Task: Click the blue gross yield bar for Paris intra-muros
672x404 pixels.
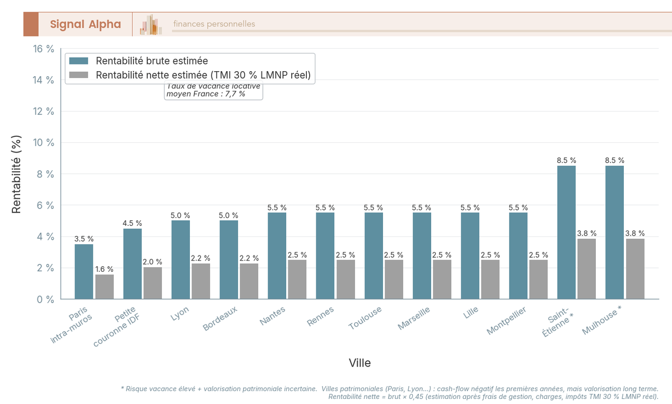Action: point(84,272)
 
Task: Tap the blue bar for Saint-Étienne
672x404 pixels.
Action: point(566,233)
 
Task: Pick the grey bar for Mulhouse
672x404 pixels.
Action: point(635,269)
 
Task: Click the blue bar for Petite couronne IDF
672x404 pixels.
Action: point(132,264)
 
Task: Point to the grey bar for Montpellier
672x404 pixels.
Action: point(538,279)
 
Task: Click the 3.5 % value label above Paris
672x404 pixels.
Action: point(84,239)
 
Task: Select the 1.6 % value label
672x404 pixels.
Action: point(104,270)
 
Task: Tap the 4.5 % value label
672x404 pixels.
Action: point(132,224)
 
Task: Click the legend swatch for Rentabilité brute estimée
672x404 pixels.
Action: point(78,61)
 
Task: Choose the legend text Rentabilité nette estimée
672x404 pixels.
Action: point(203,75)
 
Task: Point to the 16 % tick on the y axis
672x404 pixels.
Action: point(44,49)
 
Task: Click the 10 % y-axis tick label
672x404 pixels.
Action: point(44,143)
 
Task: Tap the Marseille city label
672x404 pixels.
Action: point(414,318)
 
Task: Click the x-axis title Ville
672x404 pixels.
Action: point(360,363)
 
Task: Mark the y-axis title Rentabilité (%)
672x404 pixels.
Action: point(16,174)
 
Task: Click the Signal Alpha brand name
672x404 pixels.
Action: point(85,24)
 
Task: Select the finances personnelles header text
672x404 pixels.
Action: point(214,24)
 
